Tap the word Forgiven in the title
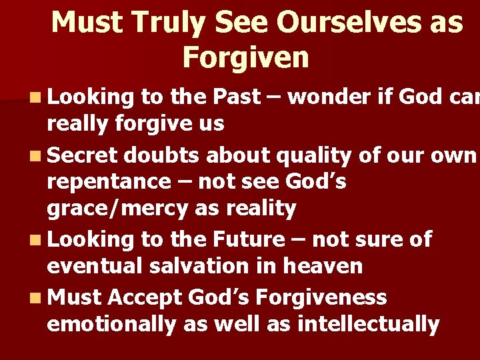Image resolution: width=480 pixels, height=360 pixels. pyautogui.click(x=245, y=58)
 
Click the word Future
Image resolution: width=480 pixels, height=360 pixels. pyautogui.click(x=247, y=239)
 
